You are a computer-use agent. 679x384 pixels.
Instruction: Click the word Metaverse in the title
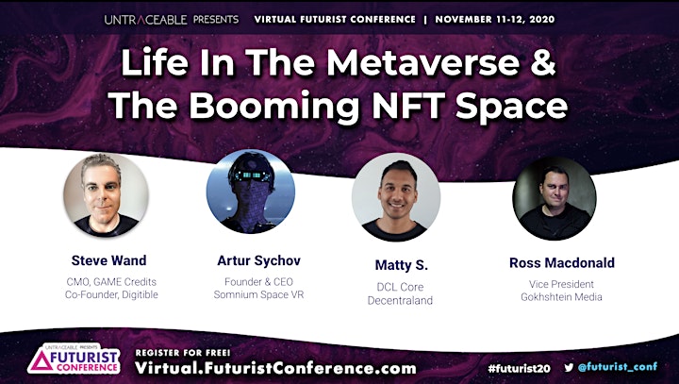[422, 62]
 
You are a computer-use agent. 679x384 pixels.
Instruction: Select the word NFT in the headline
[409, 106]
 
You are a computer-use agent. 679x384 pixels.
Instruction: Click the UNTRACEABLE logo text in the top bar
[145, 20]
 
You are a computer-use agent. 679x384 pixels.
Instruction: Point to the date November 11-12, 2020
[494, 20]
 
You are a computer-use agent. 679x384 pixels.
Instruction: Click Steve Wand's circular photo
[106, 194]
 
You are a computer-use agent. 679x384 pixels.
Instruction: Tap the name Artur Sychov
[258, 260]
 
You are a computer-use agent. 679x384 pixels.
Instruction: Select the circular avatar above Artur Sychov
[250, 192]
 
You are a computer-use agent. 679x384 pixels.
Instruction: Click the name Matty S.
[401, 265]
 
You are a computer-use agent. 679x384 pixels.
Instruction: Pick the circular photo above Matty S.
[396, 197]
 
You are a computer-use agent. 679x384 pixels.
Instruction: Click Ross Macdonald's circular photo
[555, 198]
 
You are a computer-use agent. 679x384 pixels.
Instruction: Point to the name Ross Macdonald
[562, 262]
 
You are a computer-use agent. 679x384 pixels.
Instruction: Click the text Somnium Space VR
[258, 294]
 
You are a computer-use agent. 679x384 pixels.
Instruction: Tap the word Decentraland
[400, 300]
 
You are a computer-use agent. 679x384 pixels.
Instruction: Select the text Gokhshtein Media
[561, 297]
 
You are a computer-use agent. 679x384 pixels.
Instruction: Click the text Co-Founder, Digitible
[111, 294]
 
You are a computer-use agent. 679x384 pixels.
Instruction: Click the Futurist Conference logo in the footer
[74, 359]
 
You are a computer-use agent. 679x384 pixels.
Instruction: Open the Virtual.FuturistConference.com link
[275, 368]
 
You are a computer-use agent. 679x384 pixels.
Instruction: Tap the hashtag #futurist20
[519, 368]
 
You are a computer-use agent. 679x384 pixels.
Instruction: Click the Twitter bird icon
[569, 368]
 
